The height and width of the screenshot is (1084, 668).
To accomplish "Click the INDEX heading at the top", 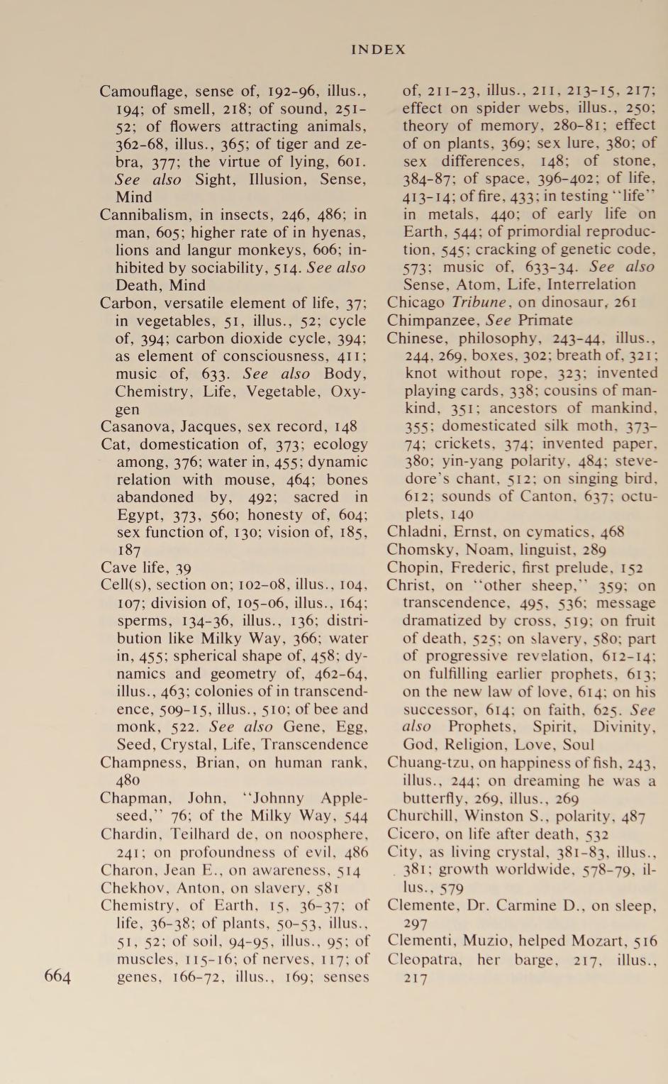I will click(379, 50).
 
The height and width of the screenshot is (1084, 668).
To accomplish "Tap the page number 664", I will click(57, 976).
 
